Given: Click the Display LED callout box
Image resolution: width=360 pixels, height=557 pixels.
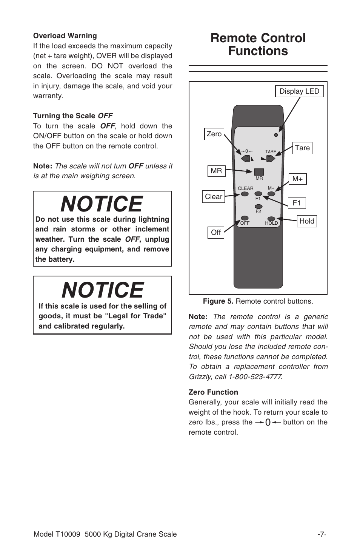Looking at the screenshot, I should pyautogui.click(x=299, y=91).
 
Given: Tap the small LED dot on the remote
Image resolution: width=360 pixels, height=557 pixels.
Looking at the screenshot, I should pyautogui.click(x=276, y=135).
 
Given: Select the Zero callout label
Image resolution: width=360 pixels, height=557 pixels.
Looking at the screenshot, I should pyautogui.click(x=214, y=134).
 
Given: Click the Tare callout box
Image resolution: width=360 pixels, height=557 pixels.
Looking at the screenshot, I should pyautogui.click(x=302, y=148).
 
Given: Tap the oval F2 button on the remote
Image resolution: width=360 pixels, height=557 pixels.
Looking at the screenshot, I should pyautogui.click(x=258, y=206).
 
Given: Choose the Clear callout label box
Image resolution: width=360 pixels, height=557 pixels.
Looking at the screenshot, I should pyautogui.click(x=214, y=197).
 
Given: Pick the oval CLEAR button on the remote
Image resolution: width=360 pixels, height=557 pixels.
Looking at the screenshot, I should pyautogui.click(x=245, y=194).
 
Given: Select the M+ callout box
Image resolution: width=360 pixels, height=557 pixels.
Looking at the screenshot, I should pyautogui.click(x=298, y=179).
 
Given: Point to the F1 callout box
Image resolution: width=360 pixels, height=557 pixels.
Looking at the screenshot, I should pyautogui.click(x=297, y=203).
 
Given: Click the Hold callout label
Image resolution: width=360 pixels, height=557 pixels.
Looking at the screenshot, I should pyautogui.click(x=306, y=221).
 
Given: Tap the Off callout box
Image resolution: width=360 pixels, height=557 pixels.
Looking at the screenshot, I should pyautogui.click(x=216, y=233).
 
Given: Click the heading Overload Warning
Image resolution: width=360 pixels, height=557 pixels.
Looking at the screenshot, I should pyautogui.click(x=65, y=36).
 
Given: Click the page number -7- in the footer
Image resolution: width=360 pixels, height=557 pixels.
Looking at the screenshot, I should pyautogui.click(x=322, y=534).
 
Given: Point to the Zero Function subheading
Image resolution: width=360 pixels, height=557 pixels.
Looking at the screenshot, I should pyautogui.click(x=213, y=392).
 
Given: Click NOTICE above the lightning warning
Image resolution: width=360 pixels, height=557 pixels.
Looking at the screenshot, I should pyautogui.click(x=102, y=204).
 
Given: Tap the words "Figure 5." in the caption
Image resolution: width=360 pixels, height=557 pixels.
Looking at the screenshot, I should pyautogui.click(x=218, y=301).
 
